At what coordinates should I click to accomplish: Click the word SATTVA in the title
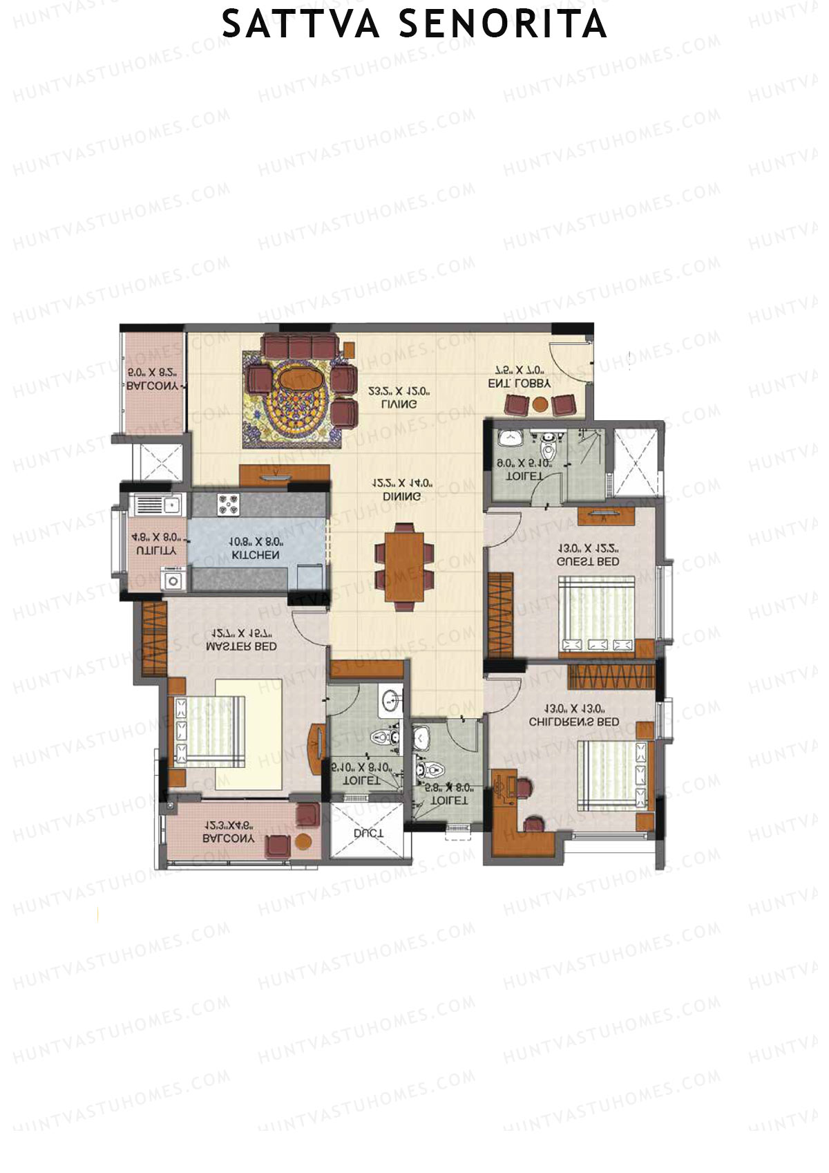coord(301,25)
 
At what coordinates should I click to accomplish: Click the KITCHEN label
coord(256,555)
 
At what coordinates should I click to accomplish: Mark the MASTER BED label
coord(241,646)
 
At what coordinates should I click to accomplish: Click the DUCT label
coord(368,834)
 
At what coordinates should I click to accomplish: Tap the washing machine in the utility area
coord(173,580)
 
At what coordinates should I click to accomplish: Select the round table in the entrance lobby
coord(540,404)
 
